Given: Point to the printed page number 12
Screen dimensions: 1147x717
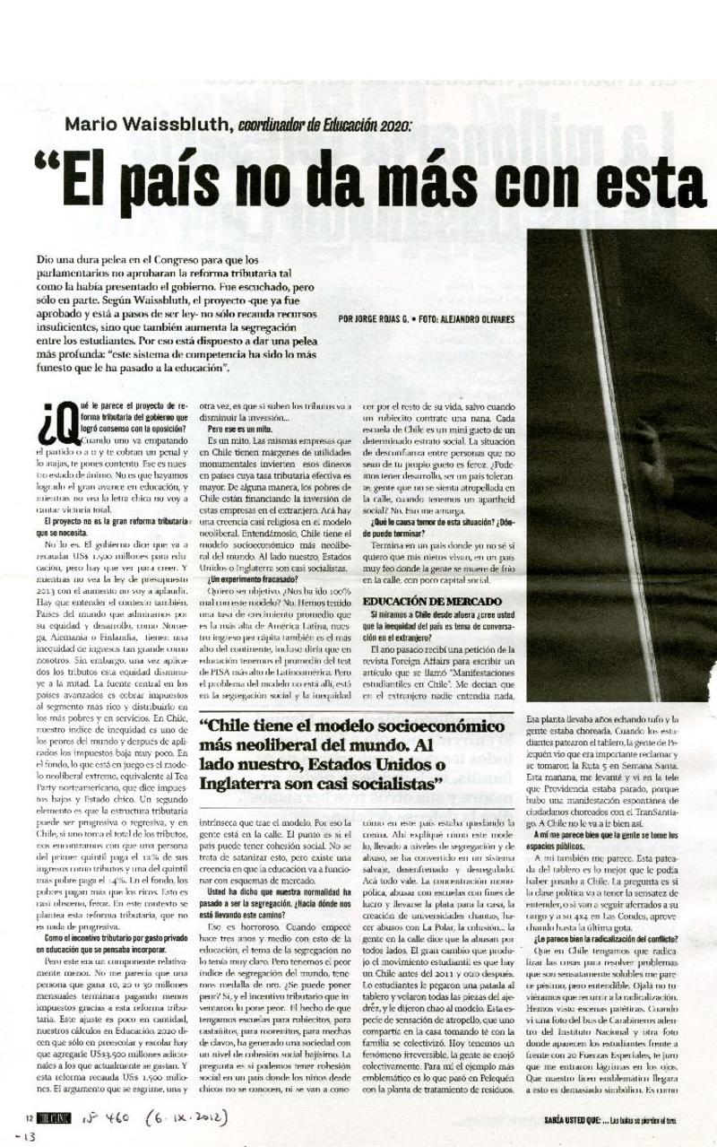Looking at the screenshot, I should click(x=30, y=1117).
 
